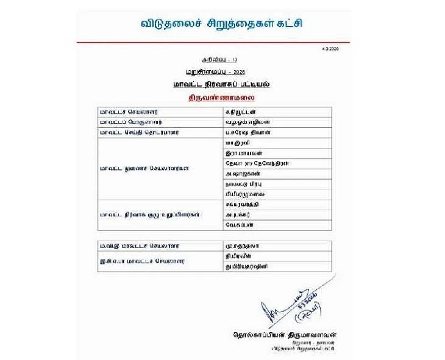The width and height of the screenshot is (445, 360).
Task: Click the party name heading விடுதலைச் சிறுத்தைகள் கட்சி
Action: (x=222, y=24)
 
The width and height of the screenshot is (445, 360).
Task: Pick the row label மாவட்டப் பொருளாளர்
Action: (x=127, y=122)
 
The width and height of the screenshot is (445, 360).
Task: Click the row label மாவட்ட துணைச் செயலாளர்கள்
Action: (x=136, y=168)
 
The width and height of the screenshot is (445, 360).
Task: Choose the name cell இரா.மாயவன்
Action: (x=240, y=152)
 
